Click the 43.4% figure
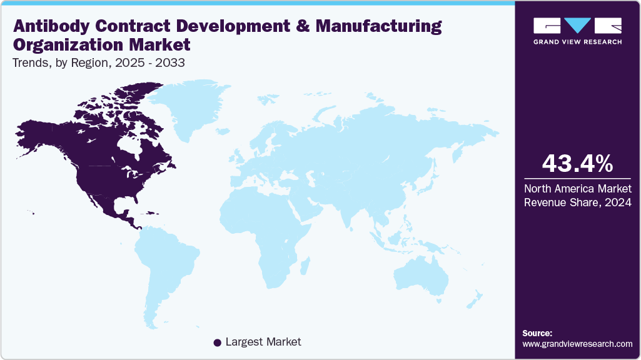click(x=577, y=164)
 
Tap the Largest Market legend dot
click(x=217, y=342)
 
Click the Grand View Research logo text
click(x=577, y=42)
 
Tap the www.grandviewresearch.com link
click(x=577, y=344)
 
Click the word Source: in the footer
click(x=537, y=333)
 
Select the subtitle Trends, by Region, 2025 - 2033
click(x=98, y=63)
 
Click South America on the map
click(x=169, y=262)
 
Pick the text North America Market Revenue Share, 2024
click(x=577, y=194)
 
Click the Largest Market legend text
click(x=263, y=342)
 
